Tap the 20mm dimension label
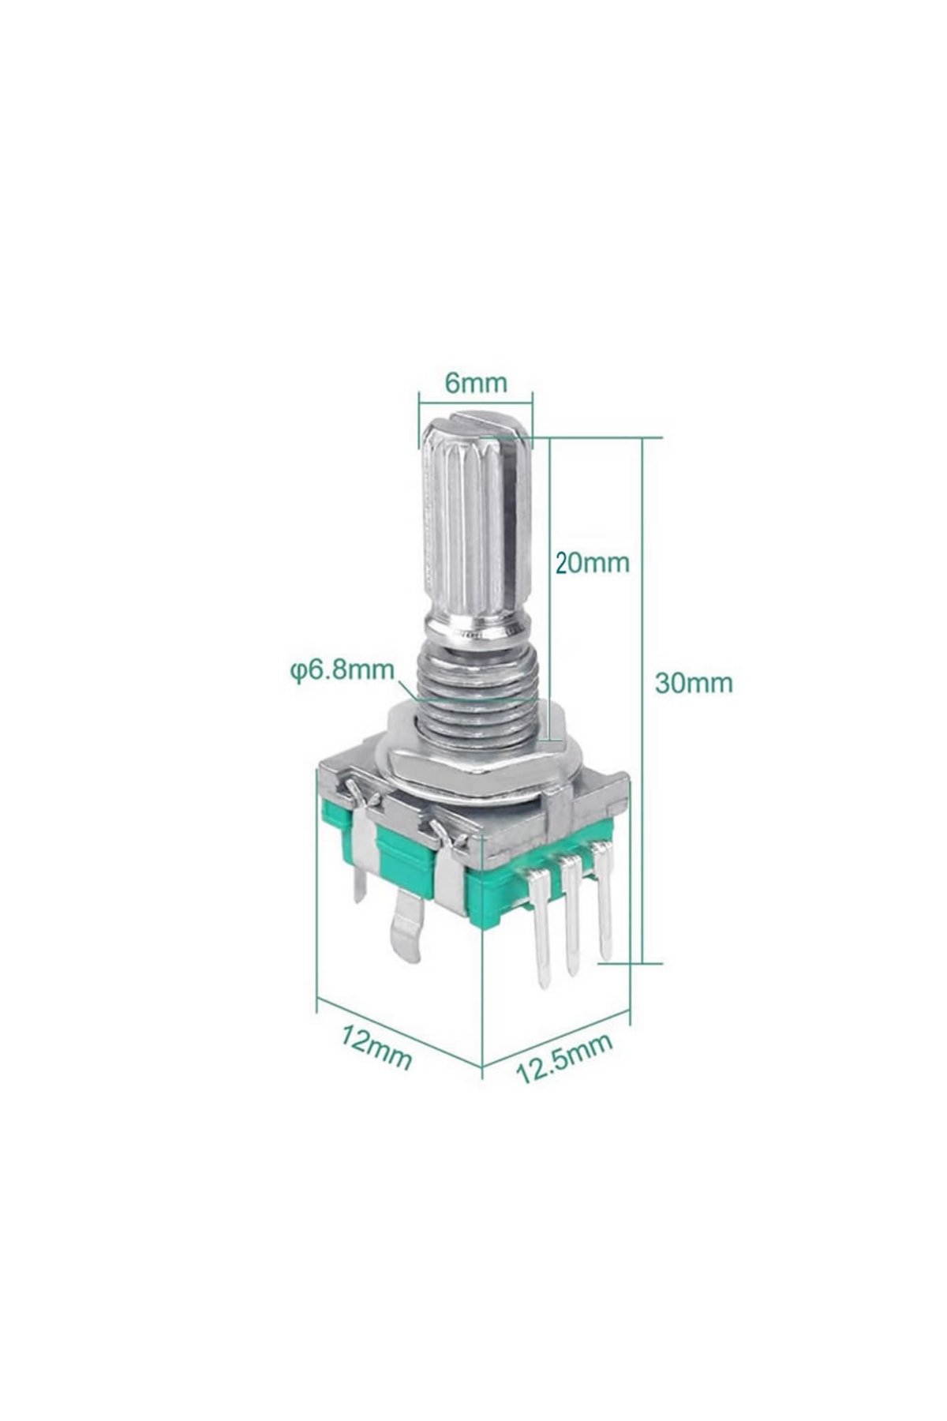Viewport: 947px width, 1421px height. [592, 563]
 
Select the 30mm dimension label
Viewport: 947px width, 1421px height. [694, 682]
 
